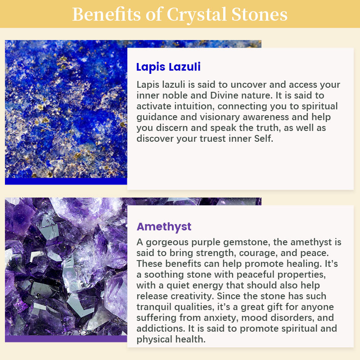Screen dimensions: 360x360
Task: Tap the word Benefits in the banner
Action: click(106, 14)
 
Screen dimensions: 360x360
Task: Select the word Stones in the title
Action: click(259, 14)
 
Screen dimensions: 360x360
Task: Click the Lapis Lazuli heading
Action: click(168, 67)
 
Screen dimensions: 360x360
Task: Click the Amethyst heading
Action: click(164, 227)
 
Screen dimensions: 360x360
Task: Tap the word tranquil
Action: click(153, 307)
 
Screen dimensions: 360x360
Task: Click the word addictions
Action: click(160, 328)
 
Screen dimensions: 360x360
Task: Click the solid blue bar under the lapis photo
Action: click(66, 181)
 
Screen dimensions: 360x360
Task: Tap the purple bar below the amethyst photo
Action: click(66, 339)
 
